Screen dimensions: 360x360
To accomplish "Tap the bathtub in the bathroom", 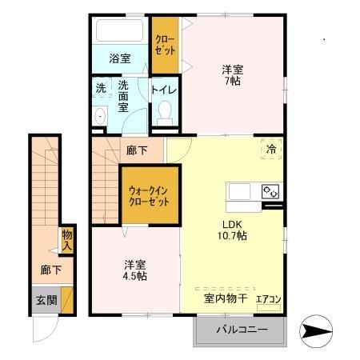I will (x=118, y=32).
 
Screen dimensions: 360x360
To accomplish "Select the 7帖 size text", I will (x=233, y=81).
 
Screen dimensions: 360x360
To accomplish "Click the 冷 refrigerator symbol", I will (x=271, y=149).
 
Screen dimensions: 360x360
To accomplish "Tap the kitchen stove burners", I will (x=270, y=192).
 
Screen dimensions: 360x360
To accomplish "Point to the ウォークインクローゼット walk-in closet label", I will (x=149, y=195).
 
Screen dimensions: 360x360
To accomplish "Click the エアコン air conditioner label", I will (x=267, y=300).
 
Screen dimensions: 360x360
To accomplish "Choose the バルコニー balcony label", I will (x=239, y=330).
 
